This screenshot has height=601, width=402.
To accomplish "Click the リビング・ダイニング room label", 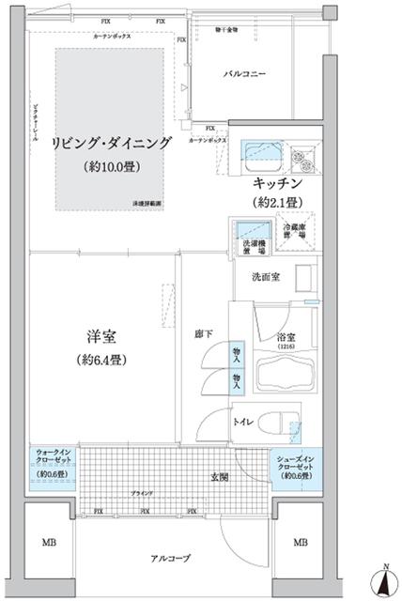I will pos(112,143).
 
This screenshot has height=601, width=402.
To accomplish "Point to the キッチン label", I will pos(276,183).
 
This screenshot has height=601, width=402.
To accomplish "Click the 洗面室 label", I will pos(263,277).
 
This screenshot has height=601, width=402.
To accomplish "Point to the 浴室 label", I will pos(286,338).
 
